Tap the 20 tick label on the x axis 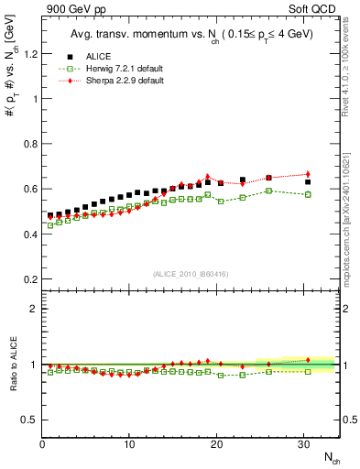(217, 444)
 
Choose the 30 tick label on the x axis (304, 444)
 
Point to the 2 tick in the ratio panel (32, 309)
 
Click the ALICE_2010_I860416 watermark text (191, 274)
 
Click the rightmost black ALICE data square (308, 182)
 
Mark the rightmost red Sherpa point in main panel (308, 174)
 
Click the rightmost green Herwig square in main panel (308, 194)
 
